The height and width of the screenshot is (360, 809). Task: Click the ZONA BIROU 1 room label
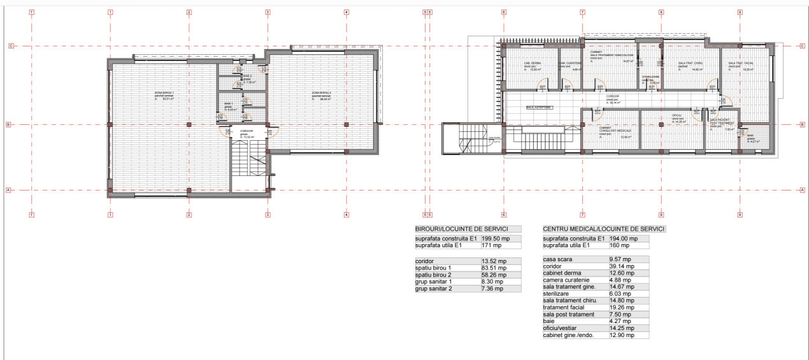(164, 93)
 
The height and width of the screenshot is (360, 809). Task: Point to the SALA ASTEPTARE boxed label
(538, 108)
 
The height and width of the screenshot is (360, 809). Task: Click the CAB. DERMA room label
(532, 64)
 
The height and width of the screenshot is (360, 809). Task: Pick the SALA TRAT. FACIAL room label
(740, 64)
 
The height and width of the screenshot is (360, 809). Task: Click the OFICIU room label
(677, 116)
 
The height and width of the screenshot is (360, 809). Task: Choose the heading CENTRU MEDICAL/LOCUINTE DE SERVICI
(603, 229)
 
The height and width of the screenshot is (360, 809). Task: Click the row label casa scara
(559, 259)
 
